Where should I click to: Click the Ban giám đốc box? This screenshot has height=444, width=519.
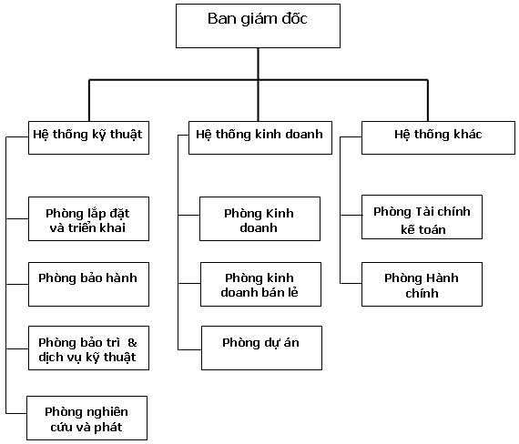click(x=258, y=25)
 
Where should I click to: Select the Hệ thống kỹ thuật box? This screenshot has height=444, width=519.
click(x=88, y=137)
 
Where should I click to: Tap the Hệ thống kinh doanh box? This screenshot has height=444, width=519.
click(x=260, y=137)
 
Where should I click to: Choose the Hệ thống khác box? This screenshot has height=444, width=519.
click(x=438, y=137)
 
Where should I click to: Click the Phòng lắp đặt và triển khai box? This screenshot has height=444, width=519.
click(x=88, y=218)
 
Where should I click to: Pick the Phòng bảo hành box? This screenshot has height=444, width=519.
click(x=88, y=284)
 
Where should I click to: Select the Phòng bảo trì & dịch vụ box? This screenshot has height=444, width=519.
click(x=88, y=348)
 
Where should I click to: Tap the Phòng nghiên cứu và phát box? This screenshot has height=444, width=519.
click(x=86, y=419)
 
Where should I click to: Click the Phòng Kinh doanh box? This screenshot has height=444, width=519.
click(x=259, y=218)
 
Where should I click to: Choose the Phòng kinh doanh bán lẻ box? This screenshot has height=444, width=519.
click(x=260, y=284)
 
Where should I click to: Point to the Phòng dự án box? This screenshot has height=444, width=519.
click(x=262, y=348)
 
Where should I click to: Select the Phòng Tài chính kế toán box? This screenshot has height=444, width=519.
click(x=422, y=217)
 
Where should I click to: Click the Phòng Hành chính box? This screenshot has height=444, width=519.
click(x=422, y=284)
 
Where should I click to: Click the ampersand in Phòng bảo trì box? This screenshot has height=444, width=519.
click(x=132, y=343)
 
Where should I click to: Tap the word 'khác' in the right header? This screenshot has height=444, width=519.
click(x=467, y=134)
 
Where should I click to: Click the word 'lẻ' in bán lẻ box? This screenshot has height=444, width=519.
click(x=293, y=292)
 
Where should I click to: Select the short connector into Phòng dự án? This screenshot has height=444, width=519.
click(x=189, y=349)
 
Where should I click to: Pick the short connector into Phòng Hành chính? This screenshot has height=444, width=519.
click(x=351, y=283)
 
